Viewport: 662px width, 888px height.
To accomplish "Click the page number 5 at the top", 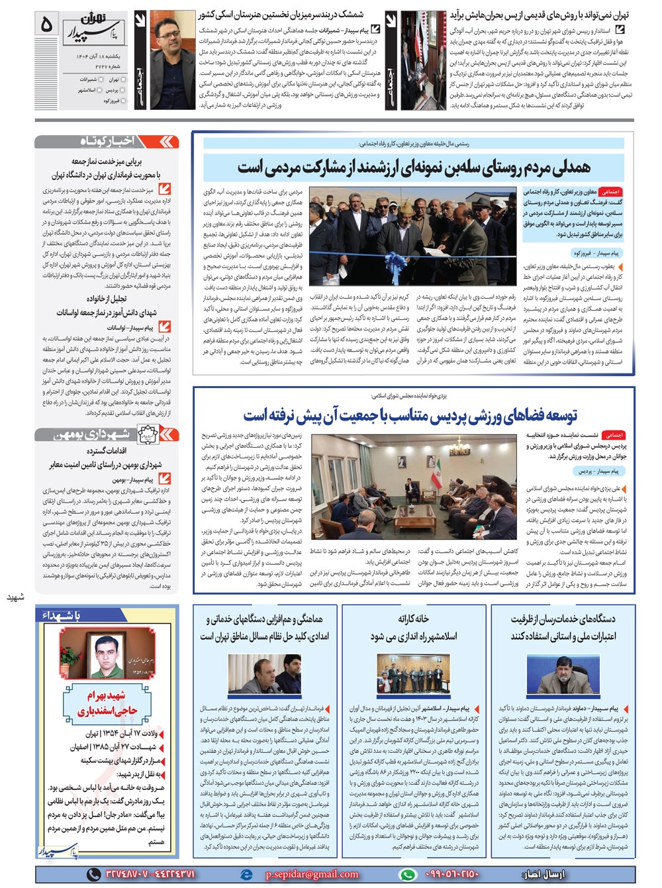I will coord(46,25).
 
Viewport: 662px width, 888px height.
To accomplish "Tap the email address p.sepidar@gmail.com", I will coord(312,873).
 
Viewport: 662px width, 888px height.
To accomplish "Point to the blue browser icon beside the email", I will coord(247,873).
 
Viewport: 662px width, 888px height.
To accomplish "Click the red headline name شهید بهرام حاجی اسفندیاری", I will coord(108,703).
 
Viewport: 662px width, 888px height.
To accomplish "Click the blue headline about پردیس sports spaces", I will coord(410,415).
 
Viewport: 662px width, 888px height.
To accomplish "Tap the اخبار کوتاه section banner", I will coord(107,141).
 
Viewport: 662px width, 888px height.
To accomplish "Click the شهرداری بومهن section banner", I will coord(107,434).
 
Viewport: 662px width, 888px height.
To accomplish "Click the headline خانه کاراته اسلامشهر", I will coord(413,627).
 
